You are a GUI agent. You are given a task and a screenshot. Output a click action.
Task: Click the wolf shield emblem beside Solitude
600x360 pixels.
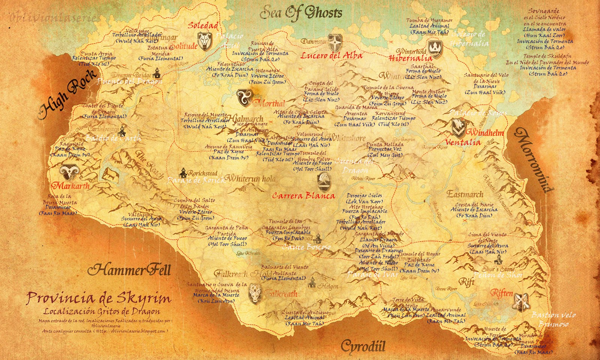pos(204,41)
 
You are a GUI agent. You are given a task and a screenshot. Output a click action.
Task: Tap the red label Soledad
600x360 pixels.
pos(203,25)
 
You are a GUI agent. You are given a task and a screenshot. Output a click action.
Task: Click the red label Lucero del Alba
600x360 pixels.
pos(331,56)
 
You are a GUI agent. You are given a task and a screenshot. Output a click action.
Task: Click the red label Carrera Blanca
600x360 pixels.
pos(303,195)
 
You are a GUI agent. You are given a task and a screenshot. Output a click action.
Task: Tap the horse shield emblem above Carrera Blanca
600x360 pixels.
pos(324,181)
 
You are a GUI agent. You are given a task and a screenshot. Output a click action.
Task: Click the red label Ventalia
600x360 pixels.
pos(463,142)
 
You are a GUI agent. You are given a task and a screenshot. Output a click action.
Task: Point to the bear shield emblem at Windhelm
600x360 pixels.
pos(458,128)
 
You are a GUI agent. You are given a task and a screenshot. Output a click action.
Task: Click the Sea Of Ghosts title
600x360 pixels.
pos(301,13)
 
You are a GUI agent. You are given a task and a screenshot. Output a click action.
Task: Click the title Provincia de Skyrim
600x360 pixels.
pos(99,298)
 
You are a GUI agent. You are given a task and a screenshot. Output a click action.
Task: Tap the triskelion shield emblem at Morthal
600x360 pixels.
pos(244,97)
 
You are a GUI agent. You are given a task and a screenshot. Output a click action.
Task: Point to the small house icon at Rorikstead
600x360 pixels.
pos(183,173)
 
